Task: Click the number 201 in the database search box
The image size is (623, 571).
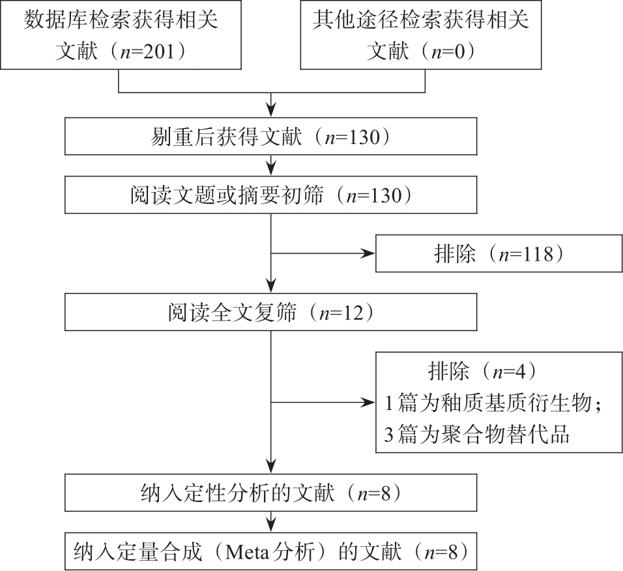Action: click(159, 51)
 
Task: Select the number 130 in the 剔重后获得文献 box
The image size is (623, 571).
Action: click(364, 137)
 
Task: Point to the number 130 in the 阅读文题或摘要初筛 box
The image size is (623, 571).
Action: click(386, 196)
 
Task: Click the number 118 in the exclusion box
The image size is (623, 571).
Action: click(538, 254)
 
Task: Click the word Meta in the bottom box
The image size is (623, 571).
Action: click(247, 552)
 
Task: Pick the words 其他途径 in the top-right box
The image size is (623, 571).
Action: click(355, 19)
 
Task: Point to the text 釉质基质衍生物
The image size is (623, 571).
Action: click(517, 403)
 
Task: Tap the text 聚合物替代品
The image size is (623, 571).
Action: click(506, 434)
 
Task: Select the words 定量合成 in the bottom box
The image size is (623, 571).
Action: click(159, 552)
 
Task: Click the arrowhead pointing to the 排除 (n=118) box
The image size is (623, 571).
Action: click(368, 254)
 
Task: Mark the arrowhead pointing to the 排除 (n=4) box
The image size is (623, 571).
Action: click(368, 403)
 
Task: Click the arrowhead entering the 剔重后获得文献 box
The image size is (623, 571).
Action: click(271, 110)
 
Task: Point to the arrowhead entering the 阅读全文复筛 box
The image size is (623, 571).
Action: click(271, 286)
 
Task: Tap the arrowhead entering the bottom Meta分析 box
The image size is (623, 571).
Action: click(271, 525)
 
